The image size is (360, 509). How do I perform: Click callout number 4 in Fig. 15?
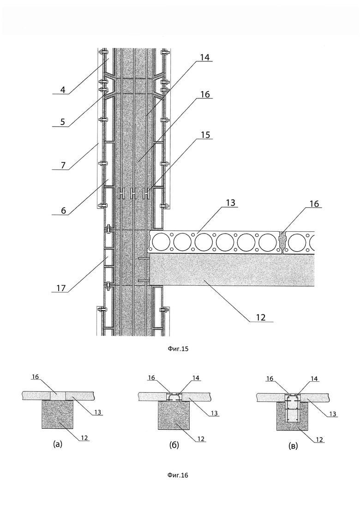coord(63,89)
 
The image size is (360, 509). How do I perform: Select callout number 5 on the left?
coord(63,122)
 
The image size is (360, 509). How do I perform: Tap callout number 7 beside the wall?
coord(63,165)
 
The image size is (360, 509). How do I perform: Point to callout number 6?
coord(63,210)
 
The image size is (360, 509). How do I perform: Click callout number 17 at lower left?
coord(61,287)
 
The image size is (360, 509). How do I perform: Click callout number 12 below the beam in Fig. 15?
coord(261,317)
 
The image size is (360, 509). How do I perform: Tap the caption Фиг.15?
coord(178,349)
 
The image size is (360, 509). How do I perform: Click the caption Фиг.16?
coord(178,475)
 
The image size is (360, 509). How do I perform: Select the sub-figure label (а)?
coord(57,444)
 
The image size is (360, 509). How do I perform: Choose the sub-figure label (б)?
coord(174,445)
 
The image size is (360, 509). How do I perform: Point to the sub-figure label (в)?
coord(293,446)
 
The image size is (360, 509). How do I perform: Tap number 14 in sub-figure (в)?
coord(315,378)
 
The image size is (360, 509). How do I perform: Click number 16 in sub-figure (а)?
coord(36,377)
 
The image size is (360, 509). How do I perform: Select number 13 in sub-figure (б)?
coord(214,413)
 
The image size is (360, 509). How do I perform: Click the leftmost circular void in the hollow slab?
coord(162,242)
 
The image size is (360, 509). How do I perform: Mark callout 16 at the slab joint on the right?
coord(314,204)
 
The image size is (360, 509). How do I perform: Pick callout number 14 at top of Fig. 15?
coord(204,57)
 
